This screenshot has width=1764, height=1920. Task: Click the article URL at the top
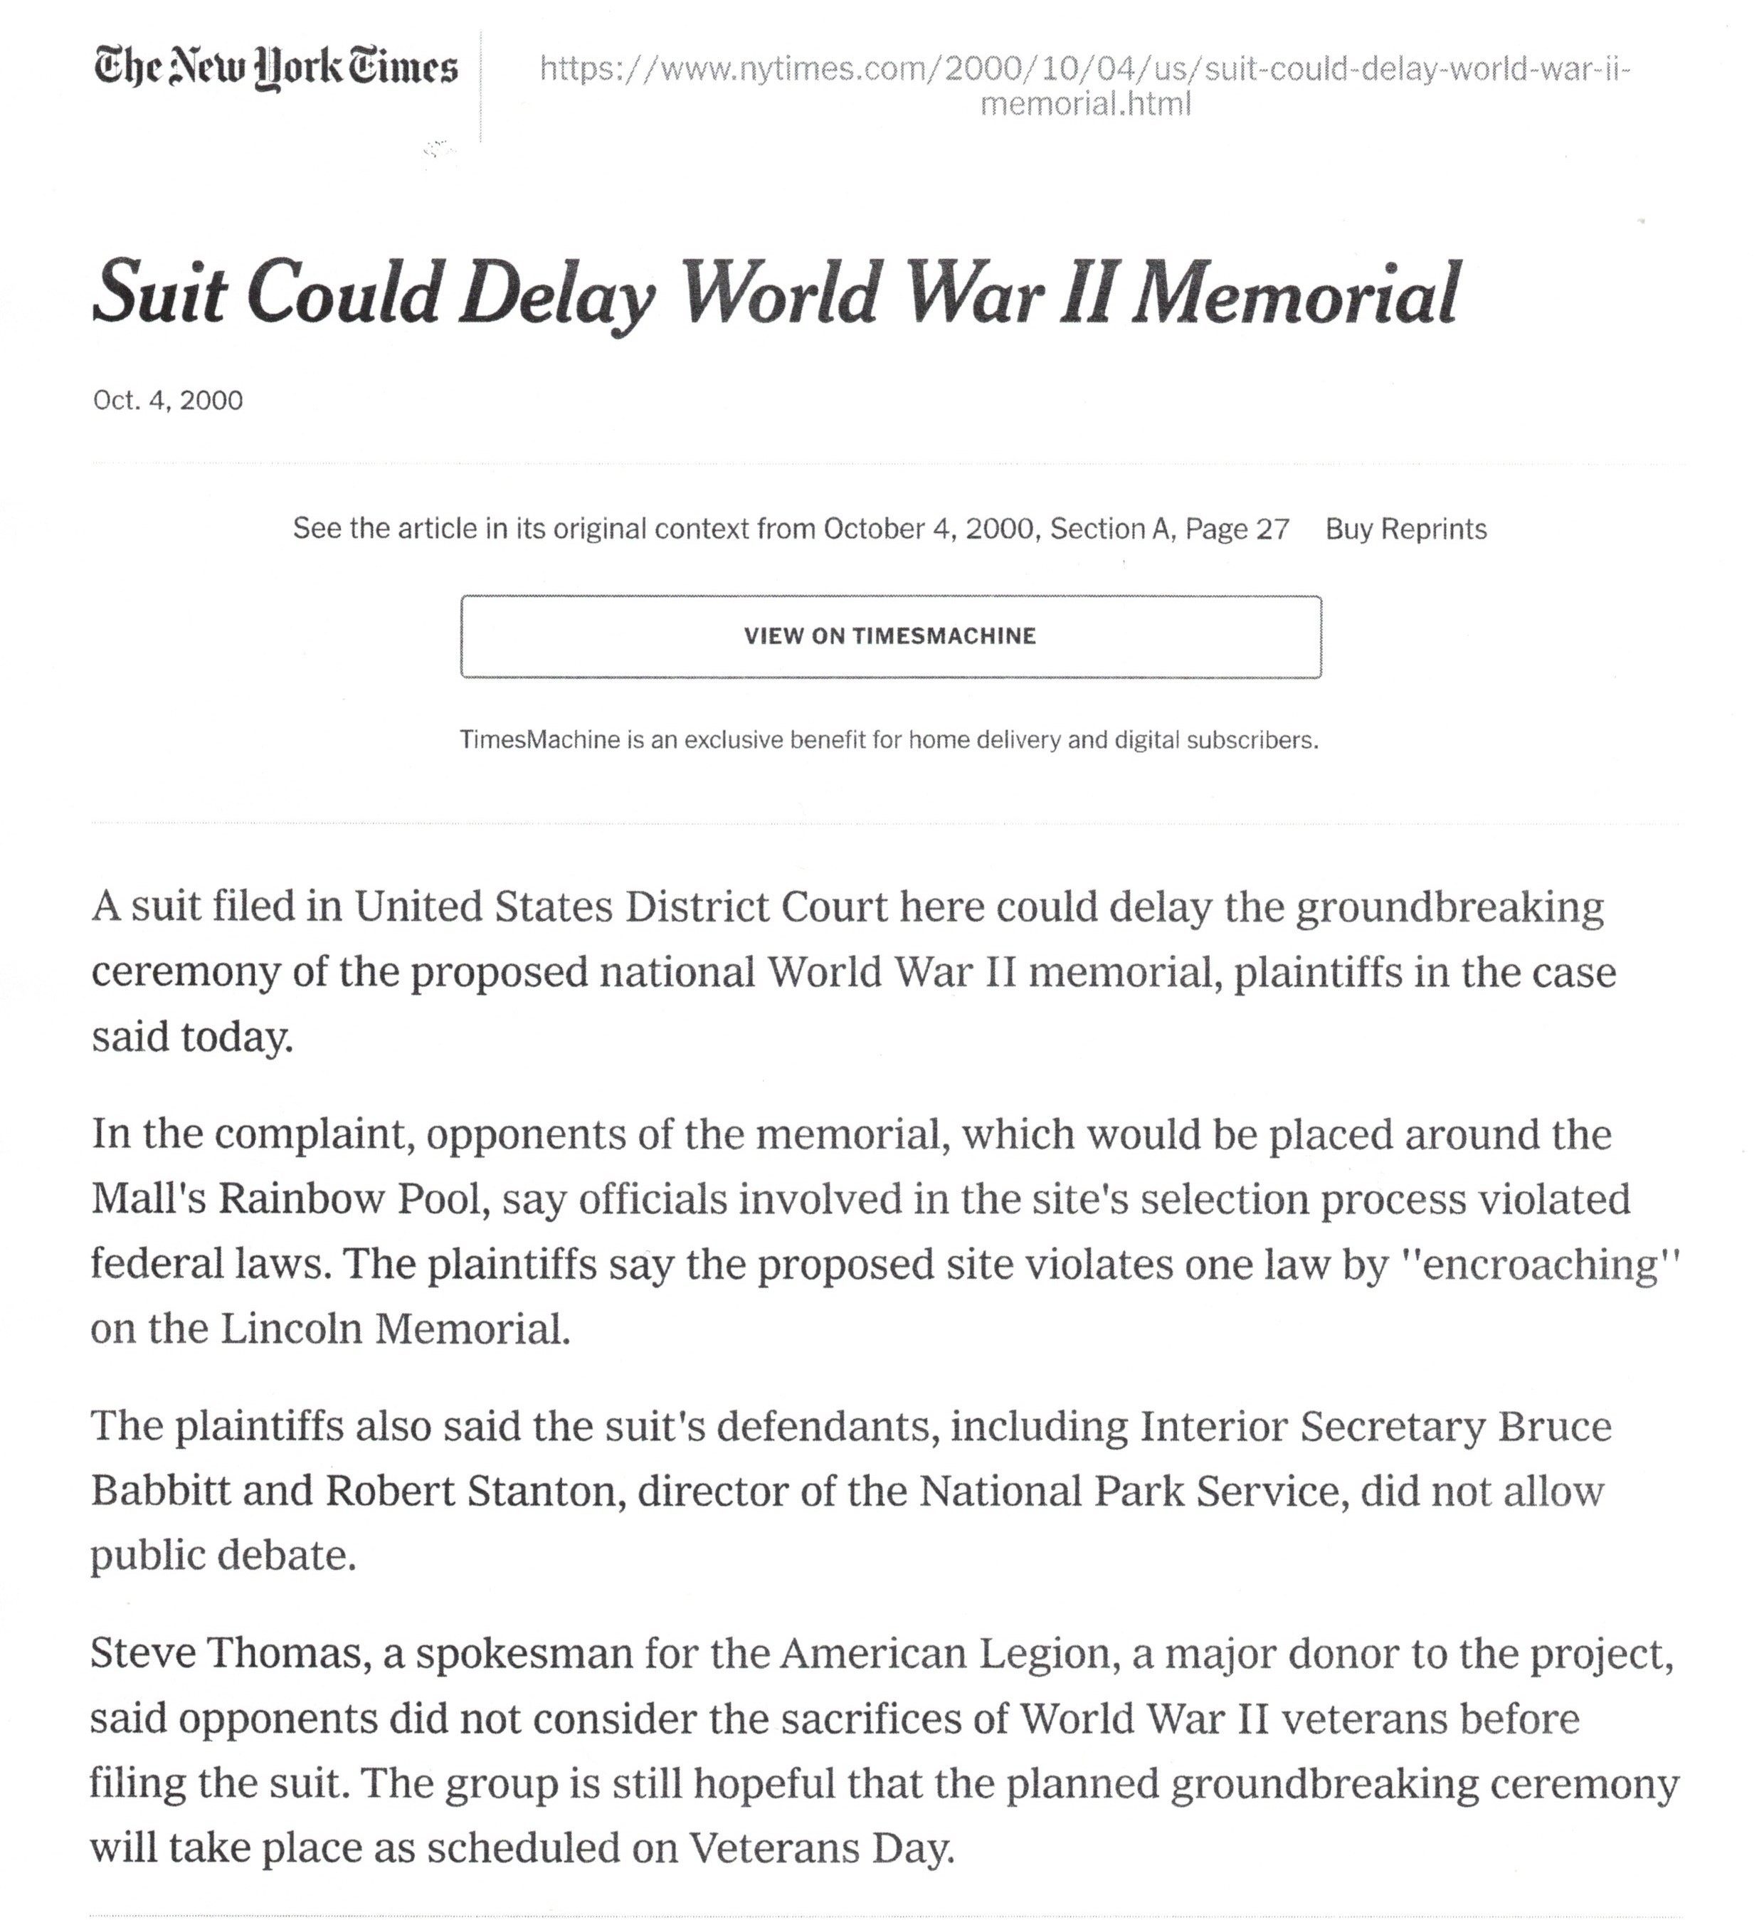tap(1085, 85)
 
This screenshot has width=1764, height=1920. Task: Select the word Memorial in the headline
tap(1294, 293)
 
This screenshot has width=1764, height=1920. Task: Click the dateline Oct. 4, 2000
tap(168, 400)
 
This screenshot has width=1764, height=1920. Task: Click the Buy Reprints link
tap(1405, 529)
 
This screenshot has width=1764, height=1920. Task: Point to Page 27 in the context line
tap(1237, 529)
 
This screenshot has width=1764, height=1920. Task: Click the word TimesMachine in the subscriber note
tap(539, 740)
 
